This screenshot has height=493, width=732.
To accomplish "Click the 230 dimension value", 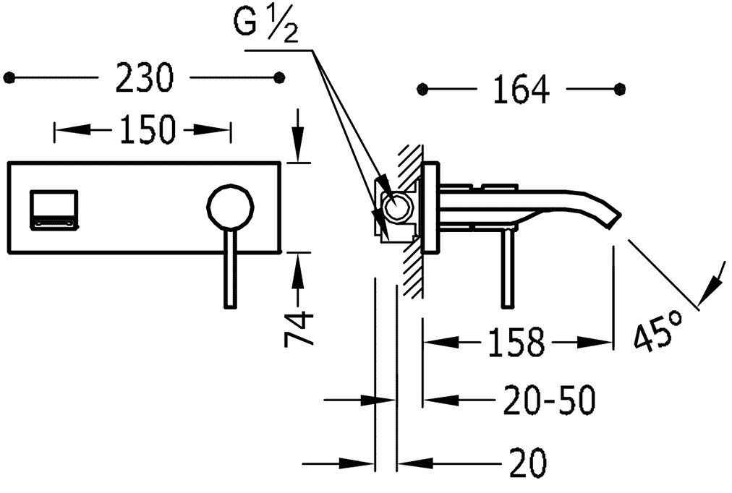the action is [144, 78].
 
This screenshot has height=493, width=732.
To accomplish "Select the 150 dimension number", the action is [147, 129].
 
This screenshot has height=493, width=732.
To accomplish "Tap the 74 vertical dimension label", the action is [298, 329].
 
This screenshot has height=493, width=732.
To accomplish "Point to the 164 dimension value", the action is [521, 90].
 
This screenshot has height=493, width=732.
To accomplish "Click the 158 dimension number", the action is [516, 343].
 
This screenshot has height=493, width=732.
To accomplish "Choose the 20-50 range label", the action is [550, 400].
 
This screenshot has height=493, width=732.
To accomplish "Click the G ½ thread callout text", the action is [265, 25].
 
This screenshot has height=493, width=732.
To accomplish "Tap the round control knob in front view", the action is [231, 208].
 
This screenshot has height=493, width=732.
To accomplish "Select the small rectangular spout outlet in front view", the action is [54, 210].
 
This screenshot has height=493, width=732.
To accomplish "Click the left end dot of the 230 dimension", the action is [9, 77].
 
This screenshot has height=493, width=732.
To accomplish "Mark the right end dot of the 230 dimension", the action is [279, 77].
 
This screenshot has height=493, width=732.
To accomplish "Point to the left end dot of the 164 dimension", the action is [422, 89].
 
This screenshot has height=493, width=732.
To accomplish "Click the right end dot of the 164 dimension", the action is [619, 89].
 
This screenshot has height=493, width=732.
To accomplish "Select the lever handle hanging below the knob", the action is [230, 269].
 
